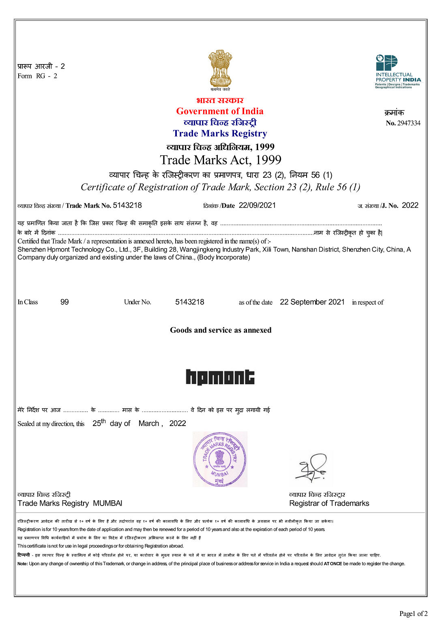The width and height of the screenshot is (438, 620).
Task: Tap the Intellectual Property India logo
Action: click(397, 71)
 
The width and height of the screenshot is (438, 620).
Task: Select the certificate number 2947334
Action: click(408, 123)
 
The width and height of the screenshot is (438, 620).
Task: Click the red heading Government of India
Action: click(220, 111)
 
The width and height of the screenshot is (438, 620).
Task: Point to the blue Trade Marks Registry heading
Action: click(220, 133)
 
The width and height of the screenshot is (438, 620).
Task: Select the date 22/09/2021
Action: click(257, 205)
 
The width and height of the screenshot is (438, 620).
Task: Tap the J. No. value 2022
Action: click(410, 205)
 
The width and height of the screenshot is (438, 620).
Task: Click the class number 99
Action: click(64, 302)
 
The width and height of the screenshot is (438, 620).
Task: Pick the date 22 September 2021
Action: click(312, 302)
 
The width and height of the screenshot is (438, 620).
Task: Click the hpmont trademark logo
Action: click(220, 377)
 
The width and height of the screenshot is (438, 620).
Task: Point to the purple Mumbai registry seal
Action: click(220, 459)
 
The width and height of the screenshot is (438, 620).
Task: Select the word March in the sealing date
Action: click(149, 424)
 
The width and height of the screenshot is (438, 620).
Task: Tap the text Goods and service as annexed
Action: click(221, 330)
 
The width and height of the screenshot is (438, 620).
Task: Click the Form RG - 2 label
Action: click(37, 76)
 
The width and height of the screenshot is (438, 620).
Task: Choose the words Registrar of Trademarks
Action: click(329, 504)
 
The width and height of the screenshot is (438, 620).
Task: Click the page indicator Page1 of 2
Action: click(413, 614)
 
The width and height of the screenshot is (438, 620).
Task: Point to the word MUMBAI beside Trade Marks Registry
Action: click(107, 504)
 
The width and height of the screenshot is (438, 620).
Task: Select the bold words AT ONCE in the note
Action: click(333, 564)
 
